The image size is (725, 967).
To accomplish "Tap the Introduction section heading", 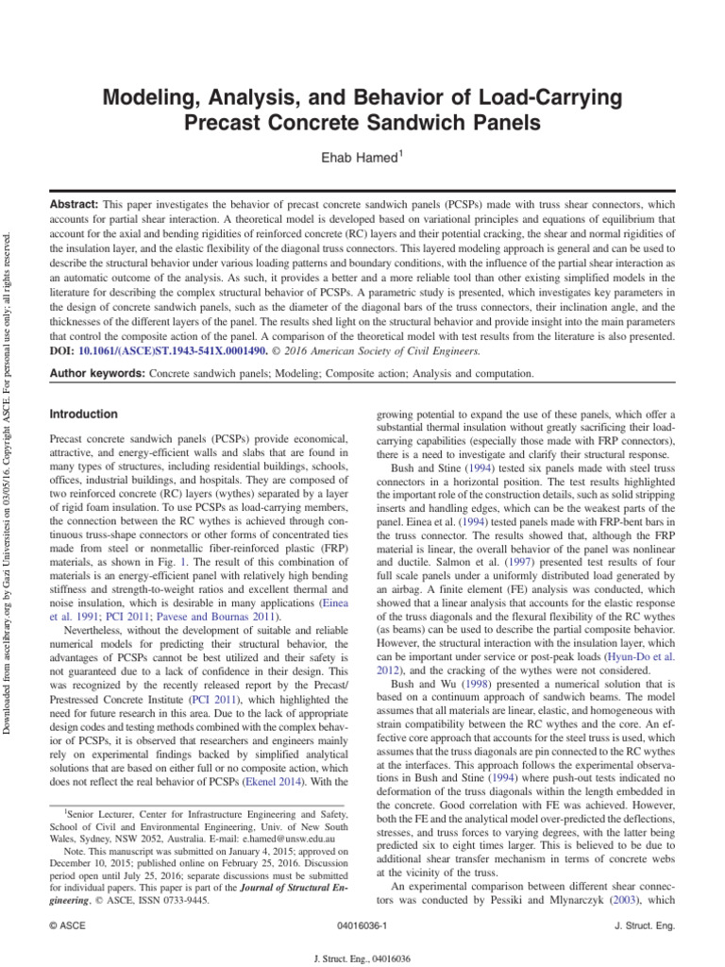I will pyautogui.click(x=83, y=414).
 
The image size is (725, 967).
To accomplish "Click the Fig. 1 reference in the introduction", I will pyautogui.click(x=211, y=561).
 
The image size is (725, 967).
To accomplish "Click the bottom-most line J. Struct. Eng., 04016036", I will pyautogui.click(x=361, y=957).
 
